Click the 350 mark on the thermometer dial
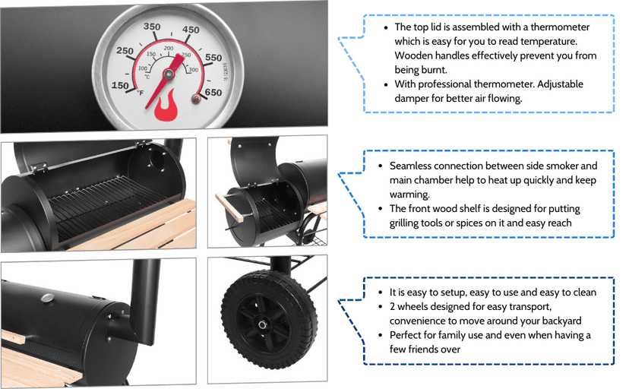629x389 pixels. (x=152, y=27)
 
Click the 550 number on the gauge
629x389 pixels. (x=213, y=58)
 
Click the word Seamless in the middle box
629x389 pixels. (x=416, y=166)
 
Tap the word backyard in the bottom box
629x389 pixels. (x=559, y=321)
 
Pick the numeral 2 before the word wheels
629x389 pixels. (x=393, y=306)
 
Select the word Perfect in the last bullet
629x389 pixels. (x=408, y=335)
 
